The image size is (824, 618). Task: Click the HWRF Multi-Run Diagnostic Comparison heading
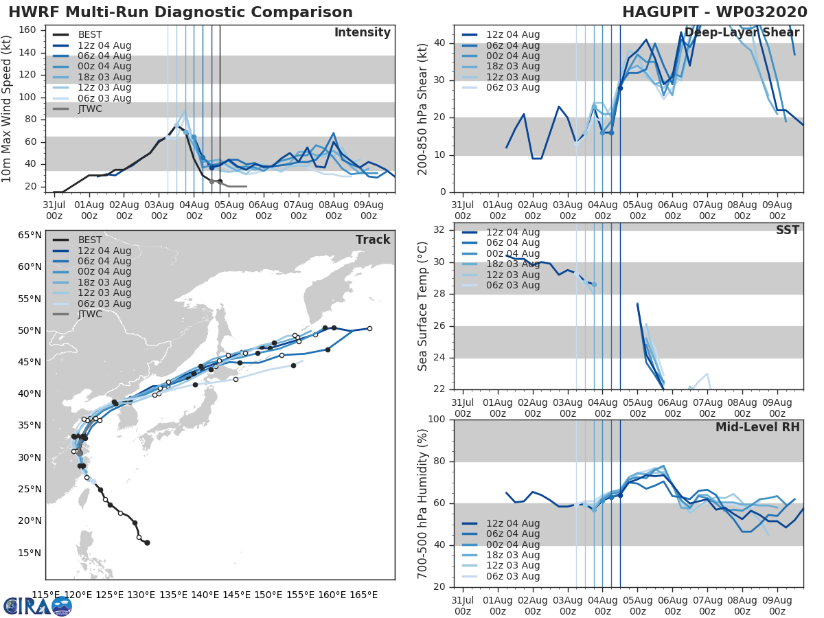[181, 12]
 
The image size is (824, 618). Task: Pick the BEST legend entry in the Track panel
[90, 240]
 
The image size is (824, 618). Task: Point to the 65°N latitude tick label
[29, 235]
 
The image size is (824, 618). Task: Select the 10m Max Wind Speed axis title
[8, 108]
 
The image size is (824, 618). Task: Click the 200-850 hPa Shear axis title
[424, 108]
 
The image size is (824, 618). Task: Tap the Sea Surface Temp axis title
[424, 306]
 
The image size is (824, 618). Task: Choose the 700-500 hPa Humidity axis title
[424, 503]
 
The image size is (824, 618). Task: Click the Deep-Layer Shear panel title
[742, 33]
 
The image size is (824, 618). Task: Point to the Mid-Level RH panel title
[757, 427]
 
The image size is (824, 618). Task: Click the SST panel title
[787, 230]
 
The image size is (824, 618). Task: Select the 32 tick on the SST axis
[439, 230]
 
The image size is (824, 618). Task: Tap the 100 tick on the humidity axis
[437, 420]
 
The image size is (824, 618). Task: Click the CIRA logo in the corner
[37, 605]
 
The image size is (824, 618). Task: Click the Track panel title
[372, 240]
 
